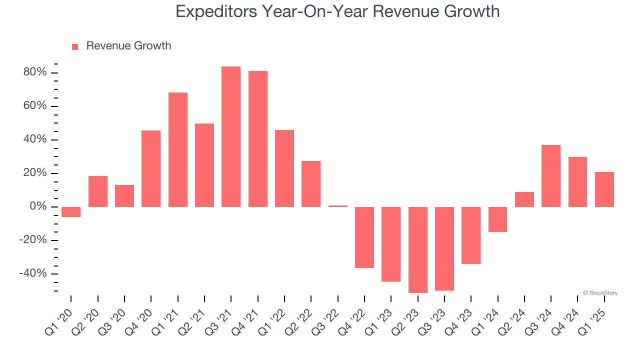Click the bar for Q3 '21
coord(231,136)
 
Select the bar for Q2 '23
coord(417,249)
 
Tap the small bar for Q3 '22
coord(338,206)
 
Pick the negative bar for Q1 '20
coord(71,212)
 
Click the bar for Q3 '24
coord(551,176)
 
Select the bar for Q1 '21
coord(178,149)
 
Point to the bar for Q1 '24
coord(497,219)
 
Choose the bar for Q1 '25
coord(604,189)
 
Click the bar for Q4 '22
coord(364,237)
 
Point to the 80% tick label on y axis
coord(35,72)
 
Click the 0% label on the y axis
coord(38,206)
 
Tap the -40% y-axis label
coord(33,273)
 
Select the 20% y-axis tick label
coord(35,173)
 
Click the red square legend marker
coord(75,46)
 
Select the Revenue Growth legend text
coord(128,46)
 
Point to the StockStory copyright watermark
coord(600,293)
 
